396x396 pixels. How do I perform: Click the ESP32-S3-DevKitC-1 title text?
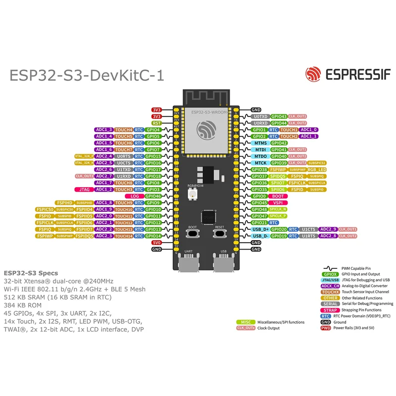click(x=87, y=75)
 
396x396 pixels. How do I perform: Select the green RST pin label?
click(x=156, y=123)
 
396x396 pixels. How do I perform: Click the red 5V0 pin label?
click(x=156, y=243)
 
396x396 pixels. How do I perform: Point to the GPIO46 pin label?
click(x=153, y=196)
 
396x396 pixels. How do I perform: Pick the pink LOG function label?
click(x=135, y=196)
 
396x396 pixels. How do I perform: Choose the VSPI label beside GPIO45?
click(x=278, y=202)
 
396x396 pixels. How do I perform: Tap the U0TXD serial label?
click(x=260, y=116)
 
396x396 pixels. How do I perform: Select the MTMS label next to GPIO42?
click(x=260, y=143)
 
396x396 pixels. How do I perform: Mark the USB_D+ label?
click(x=260, y=229)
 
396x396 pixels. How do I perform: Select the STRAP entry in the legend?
click(x=330, y=310)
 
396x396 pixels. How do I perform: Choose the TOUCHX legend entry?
click(x=330, y=292)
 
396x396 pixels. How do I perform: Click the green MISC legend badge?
click(x=246, y=322)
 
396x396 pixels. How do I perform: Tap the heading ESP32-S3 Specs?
click(x=31, y=273)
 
